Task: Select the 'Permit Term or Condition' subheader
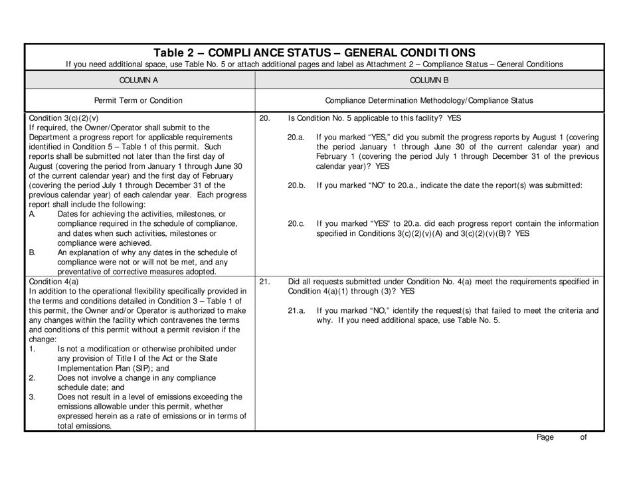[139, 100]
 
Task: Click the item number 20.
[264, 118]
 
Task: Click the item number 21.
[264, 282]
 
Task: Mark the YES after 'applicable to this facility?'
[452, 118]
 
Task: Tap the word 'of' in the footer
[583, 437]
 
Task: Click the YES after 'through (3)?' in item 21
[406, 291]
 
